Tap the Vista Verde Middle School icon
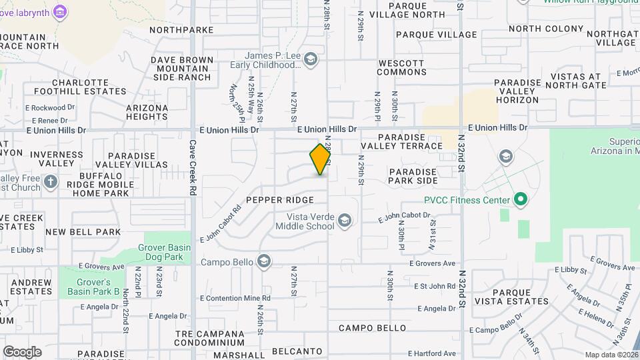pos(344,221)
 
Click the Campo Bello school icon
pos(263,261)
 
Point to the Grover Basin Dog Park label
pos(168,252)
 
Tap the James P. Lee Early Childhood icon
pos(309,61)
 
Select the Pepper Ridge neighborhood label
pos(279,200)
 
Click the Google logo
pos(22,351)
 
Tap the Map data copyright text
pos(611,355)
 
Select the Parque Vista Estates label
pos(521,297)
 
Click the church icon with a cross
pos(51,181)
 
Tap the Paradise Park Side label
pos(413,176)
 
